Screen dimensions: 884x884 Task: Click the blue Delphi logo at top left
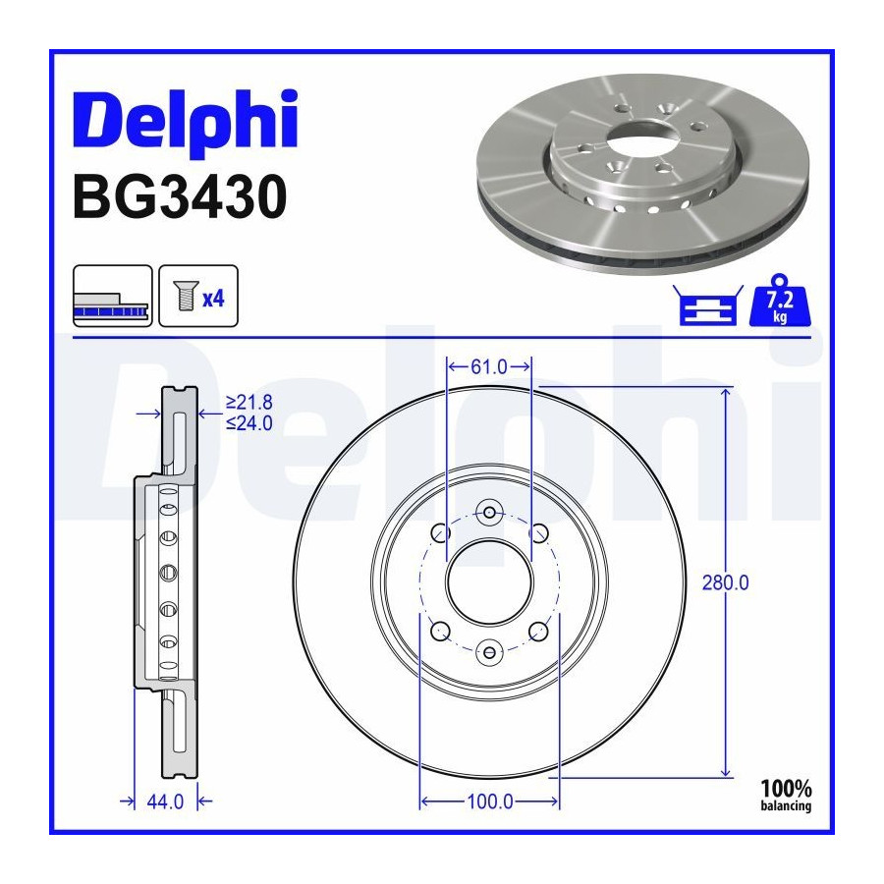[185, 123]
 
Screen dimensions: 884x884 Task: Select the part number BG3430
[180, 197]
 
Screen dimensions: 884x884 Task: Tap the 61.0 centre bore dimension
[489, 367]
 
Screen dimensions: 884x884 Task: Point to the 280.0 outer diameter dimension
[726, 582]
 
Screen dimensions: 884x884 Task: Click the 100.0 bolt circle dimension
[490, 801]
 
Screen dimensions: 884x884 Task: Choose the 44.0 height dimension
[165, 801]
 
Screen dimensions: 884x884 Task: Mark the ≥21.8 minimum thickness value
[249, 403]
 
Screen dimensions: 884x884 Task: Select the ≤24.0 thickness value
[249, 422]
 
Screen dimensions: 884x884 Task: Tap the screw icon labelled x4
[198, 296]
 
